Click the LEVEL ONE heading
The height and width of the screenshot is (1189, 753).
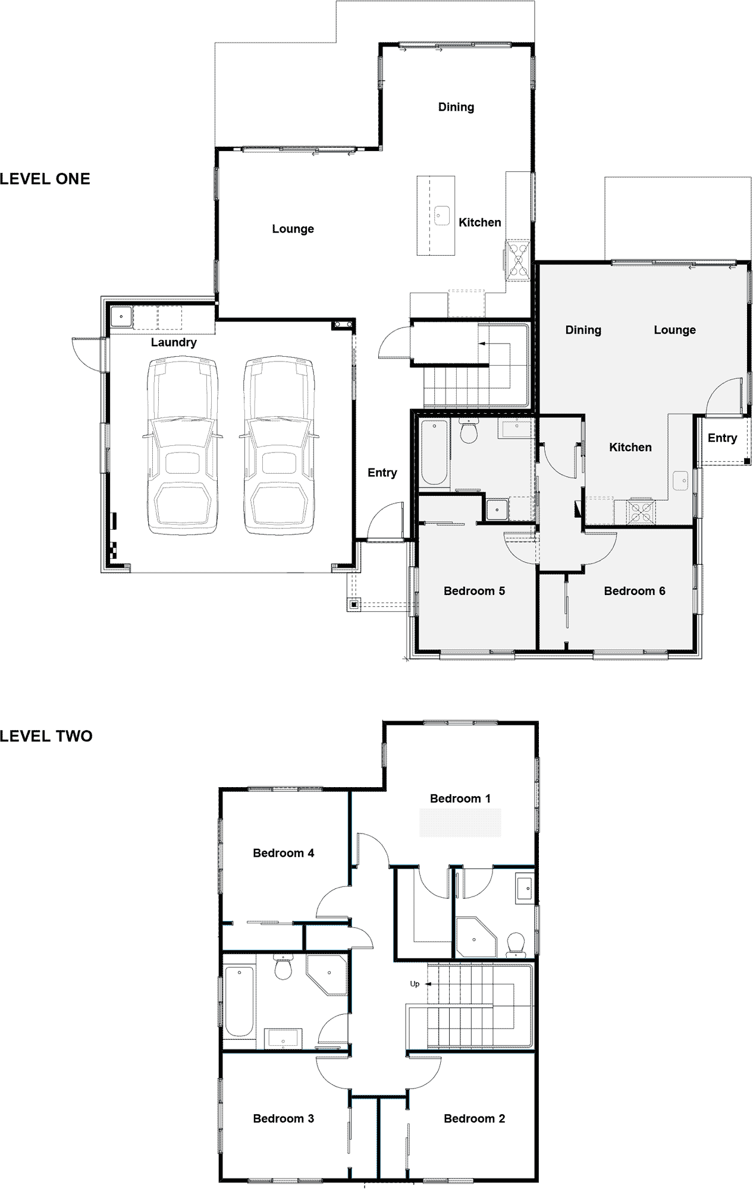45,179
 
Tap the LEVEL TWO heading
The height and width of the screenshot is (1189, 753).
46,737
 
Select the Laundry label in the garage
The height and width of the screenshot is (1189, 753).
174,342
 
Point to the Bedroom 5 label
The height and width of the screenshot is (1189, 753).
474,591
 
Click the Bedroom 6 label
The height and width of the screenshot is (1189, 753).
634,591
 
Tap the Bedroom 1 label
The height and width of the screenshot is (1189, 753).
460,798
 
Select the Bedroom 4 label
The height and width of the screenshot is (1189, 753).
283,853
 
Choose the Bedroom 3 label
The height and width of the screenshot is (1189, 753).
283,1118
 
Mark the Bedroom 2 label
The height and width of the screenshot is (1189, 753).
474,1118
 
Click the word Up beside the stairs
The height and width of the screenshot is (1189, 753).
415,984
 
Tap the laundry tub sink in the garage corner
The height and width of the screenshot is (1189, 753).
121,317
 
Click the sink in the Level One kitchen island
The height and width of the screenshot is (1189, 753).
442,215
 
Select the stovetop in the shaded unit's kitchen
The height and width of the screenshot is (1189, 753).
641,512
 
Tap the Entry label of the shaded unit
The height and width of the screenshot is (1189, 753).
722,438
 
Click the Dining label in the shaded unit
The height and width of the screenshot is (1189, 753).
583,331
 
